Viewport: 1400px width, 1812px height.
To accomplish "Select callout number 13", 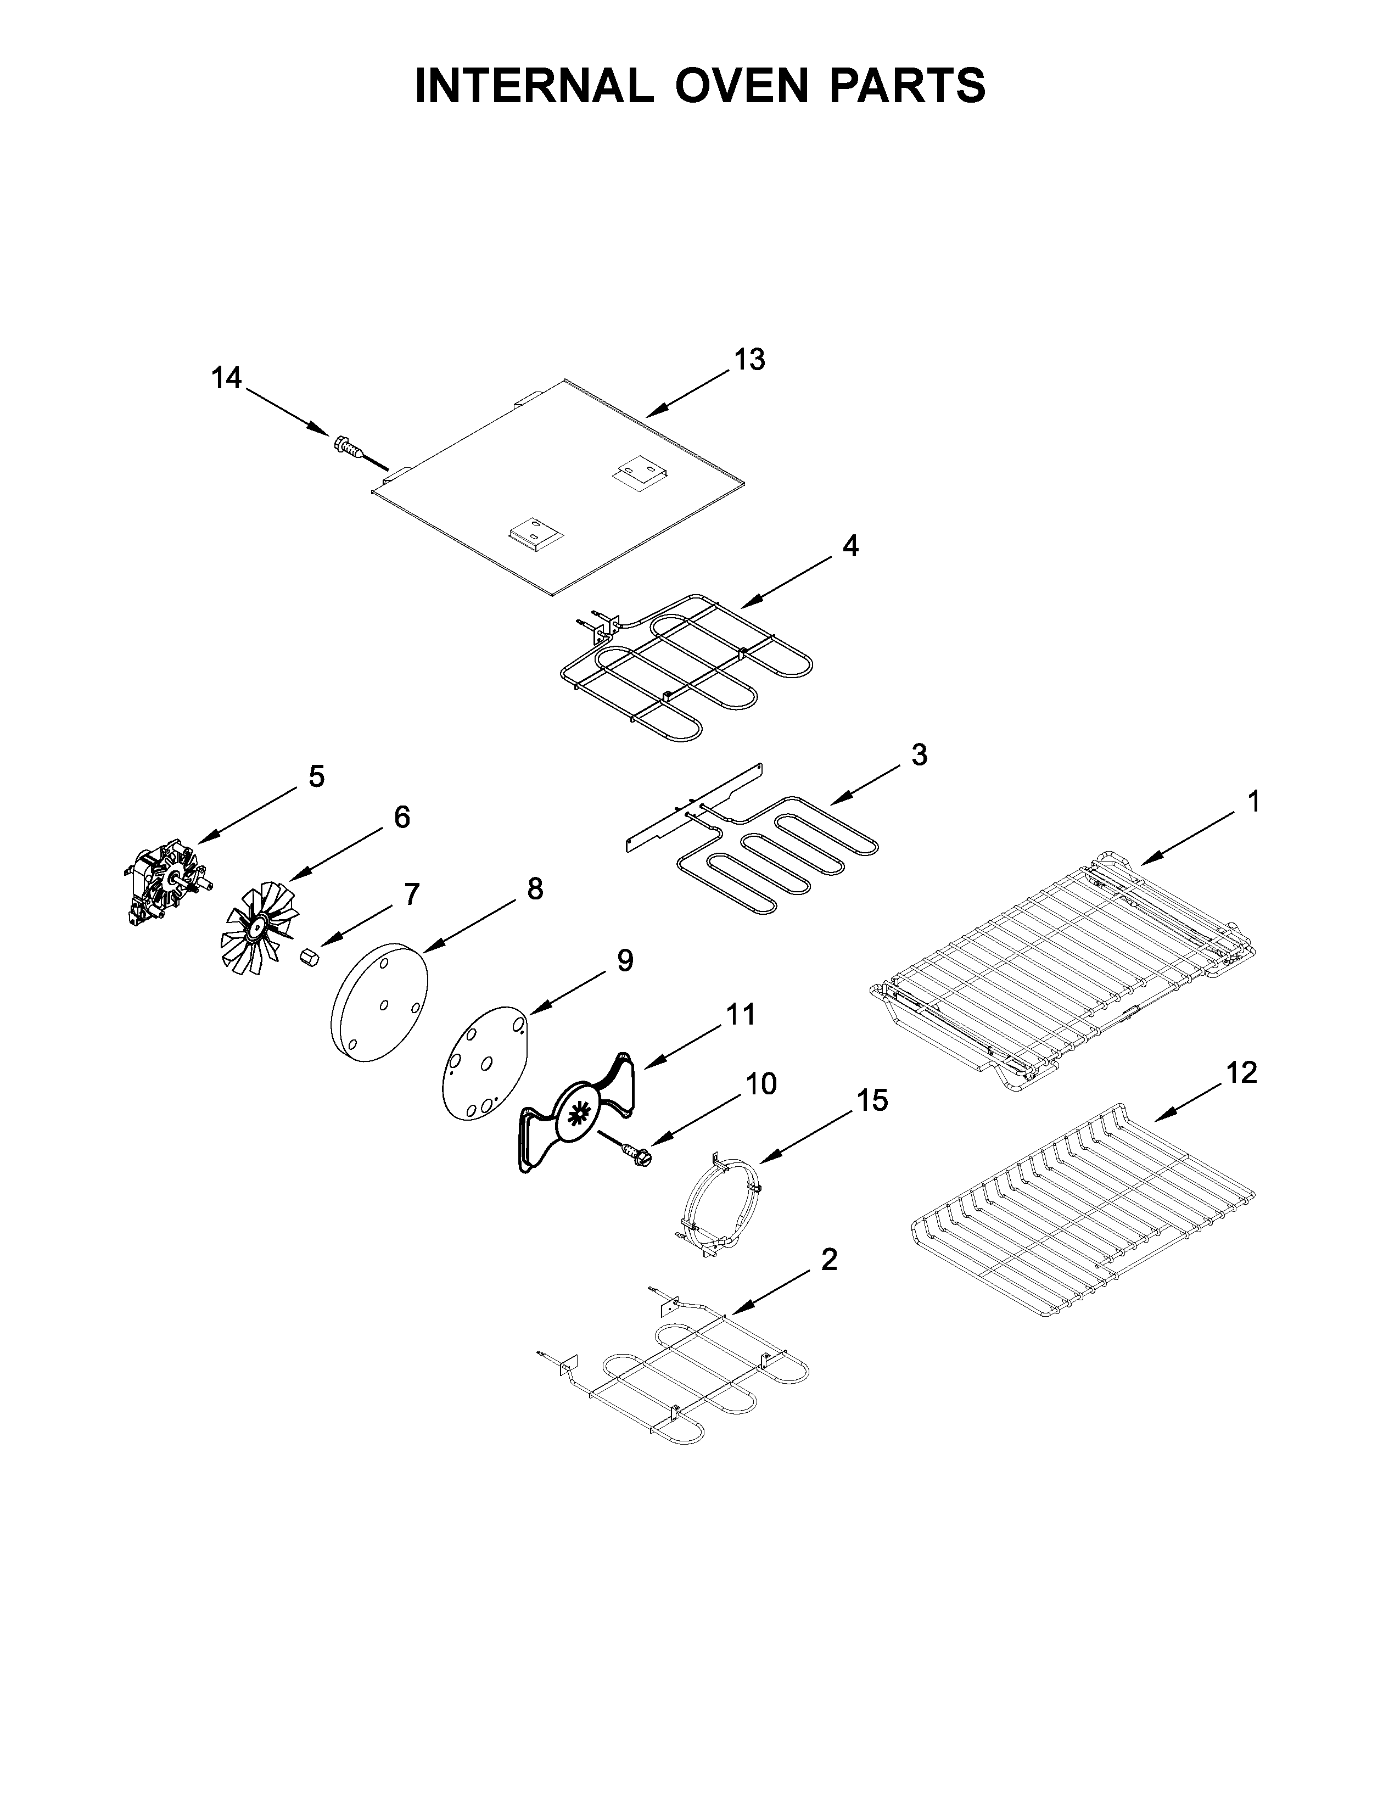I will pos(749,360).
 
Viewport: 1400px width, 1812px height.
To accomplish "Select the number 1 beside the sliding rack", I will pos(1253,802).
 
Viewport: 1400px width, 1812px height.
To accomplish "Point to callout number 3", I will pos(919,755).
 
